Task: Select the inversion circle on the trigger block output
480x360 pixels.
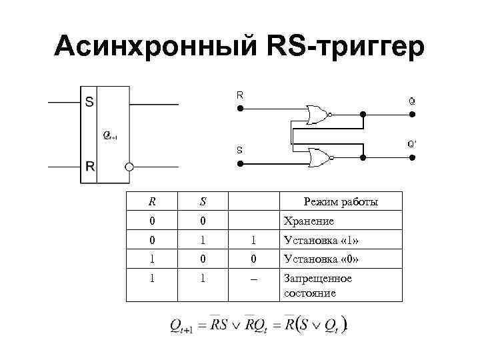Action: [x=129, y=167]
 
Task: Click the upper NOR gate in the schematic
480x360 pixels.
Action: [x=317, y=115]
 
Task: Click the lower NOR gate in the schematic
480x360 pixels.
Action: [x=317, y=157]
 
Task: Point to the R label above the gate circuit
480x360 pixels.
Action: [x=239, y=95]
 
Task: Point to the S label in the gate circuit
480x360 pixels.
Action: [x=239, y=150]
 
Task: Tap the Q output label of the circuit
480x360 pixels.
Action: [x=413, y=102]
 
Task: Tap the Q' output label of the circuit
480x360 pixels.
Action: [x=413, y=144]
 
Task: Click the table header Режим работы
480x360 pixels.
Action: [x=340, y=201]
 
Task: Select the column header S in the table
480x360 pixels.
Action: [x=202, y=201]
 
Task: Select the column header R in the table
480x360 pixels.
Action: [x=153, y=201]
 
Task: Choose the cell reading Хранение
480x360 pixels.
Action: [x=309, y=221]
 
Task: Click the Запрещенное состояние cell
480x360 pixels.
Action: [x=318, y=285]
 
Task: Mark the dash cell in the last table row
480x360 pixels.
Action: [x=253, y=279]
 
